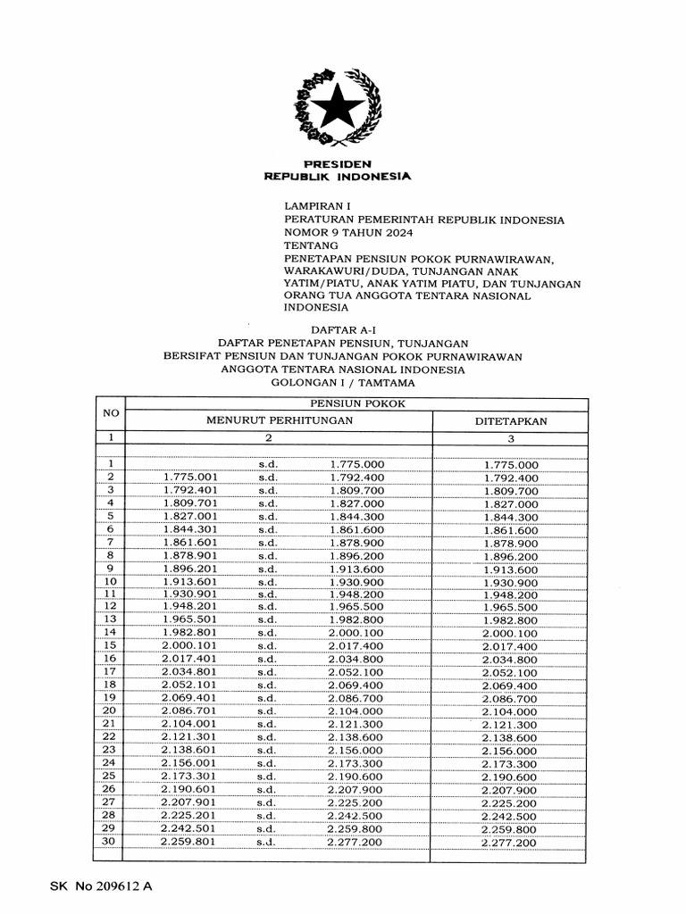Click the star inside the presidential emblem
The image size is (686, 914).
[337, 109]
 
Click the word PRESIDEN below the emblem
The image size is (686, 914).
[337, 164]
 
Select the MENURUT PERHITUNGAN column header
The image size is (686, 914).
[280, 420]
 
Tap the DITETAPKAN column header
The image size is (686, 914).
[510, 420]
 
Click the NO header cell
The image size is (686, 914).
[111, 412]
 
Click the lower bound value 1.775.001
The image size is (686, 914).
[191, 478]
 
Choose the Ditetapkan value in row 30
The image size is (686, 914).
[509, 843]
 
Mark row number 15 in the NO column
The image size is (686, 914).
[110, 644]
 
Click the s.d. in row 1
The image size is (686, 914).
[269, 465]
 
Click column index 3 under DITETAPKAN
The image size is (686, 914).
[510, 438]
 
